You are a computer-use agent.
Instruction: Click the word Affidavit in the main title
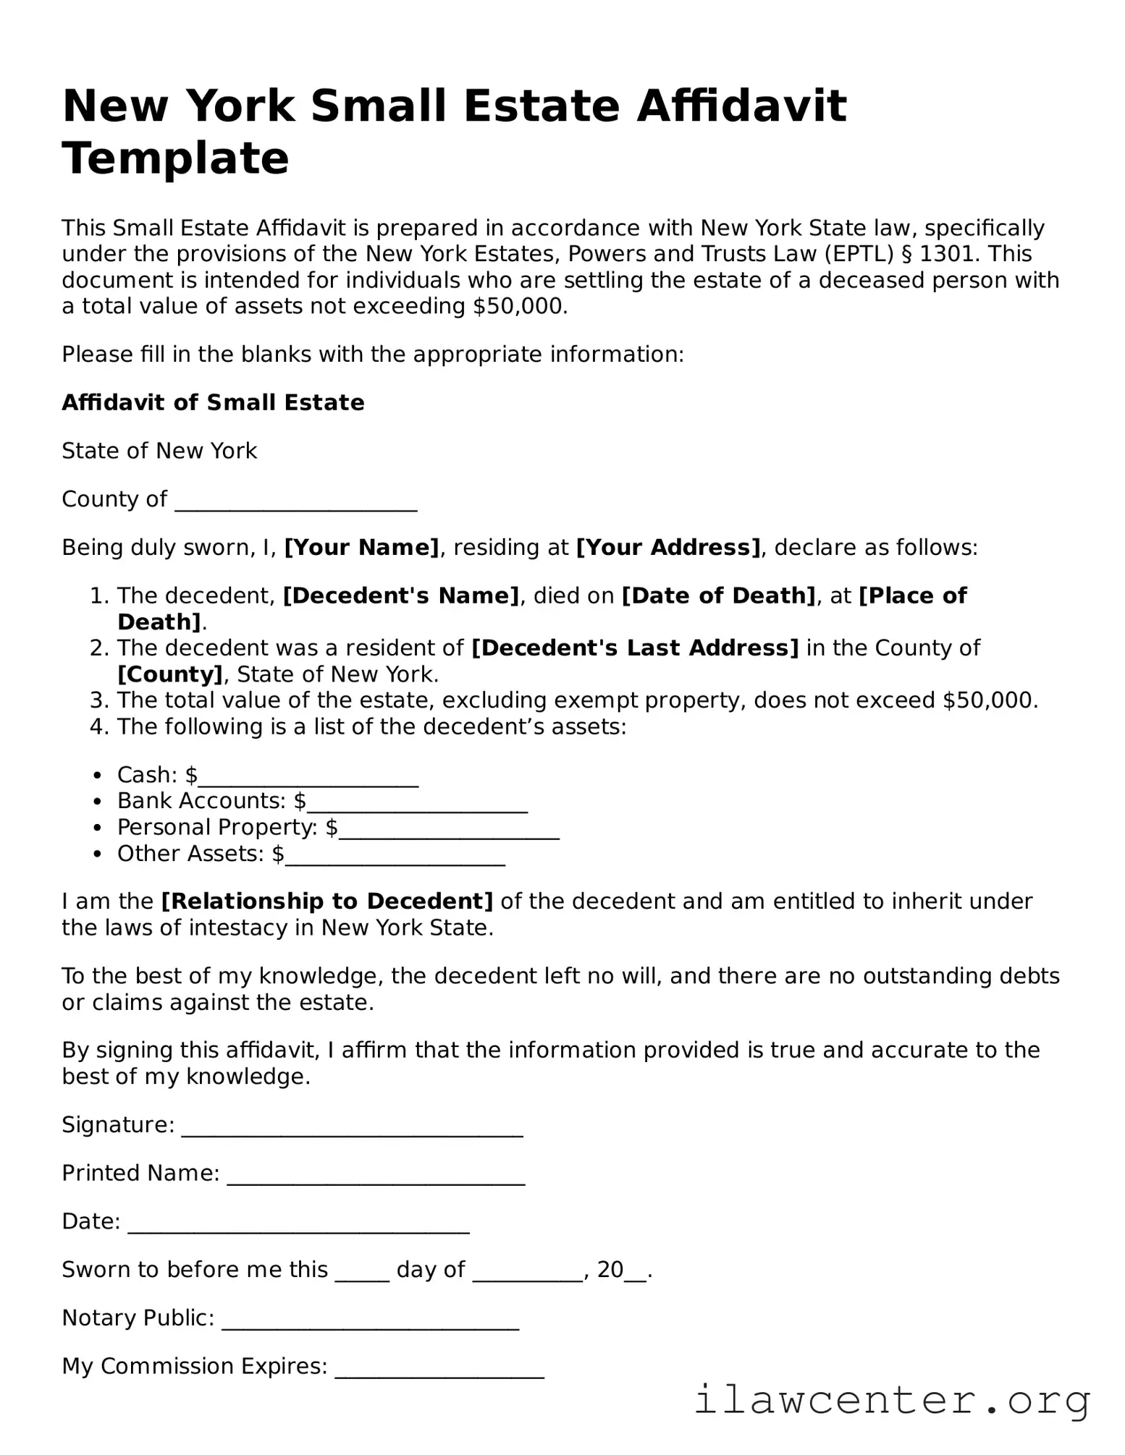pos(741,106)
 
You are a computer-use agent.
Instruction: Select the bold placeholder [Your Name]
pos(361,548)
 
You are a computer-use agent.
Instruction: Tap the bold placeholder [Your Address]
pos(668,548)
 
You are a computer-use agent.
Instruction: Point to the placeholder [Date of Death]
pos(719,596)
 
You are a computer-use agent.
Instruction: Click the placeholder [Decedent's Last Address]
pos(635,648)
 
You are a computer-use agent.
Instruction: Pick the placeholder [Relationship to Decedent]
pos(327,902)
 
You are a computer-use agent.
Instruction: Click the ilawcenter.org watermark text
pos(892,1401)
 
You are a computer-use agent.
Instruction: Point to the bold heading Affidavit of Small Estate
pos(213,403)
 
